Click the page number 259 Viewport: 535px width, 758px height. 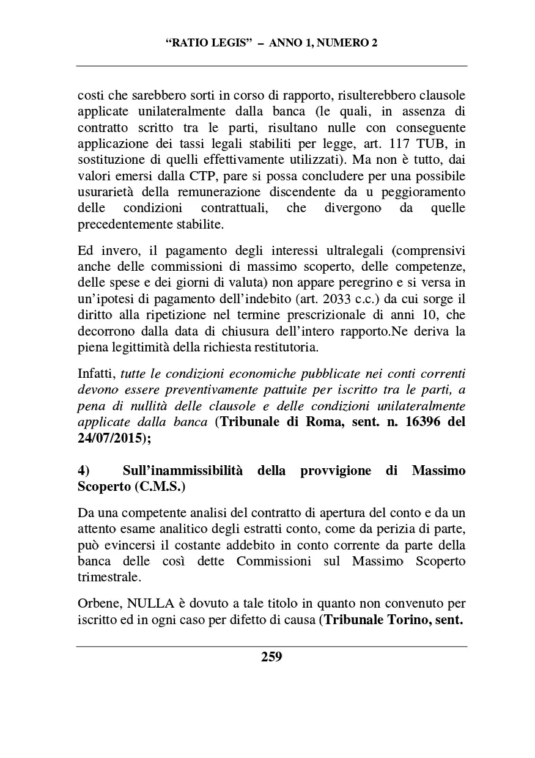click(271, 657)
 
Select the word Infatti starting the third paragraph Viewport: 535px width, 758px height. click(97, 374)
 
